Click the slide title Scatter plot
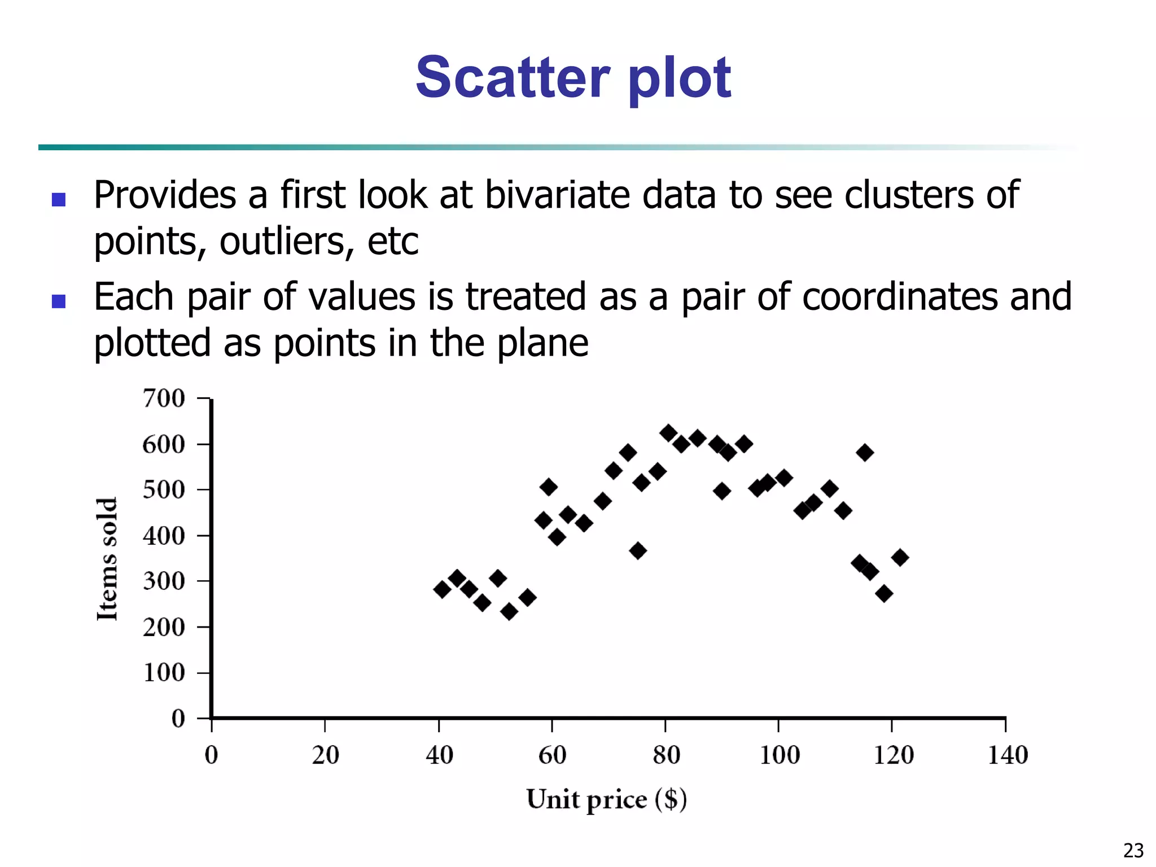[x=573, y=78]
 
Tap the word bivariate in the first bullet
[x=557, y=195]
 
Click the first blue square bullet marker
[x=59, y=199]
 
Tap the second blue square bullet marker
[x=59, y=301]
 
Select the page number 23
[x=1133, y=850]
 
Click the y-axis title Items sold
[x=107, y=559]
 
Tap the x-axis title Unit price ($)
[x=606, y=800]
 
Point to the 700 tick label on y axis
[x=164, y=399]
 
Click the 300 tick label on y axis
[x=164, y=581]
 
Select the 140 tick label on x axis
[x=1008, y=755]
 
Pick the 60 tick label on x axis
[x=552, y=755]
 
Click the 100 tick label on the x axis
[x=780, y=755]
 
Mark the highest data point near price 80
[x=668, y=433]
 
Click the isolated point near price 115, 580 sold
[x=865, y=452]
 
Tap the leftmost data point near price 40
[x=443, y=589]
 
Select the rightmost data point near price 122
[x=900, y=557]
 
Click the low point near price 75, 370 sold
[x=638, y=550]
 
